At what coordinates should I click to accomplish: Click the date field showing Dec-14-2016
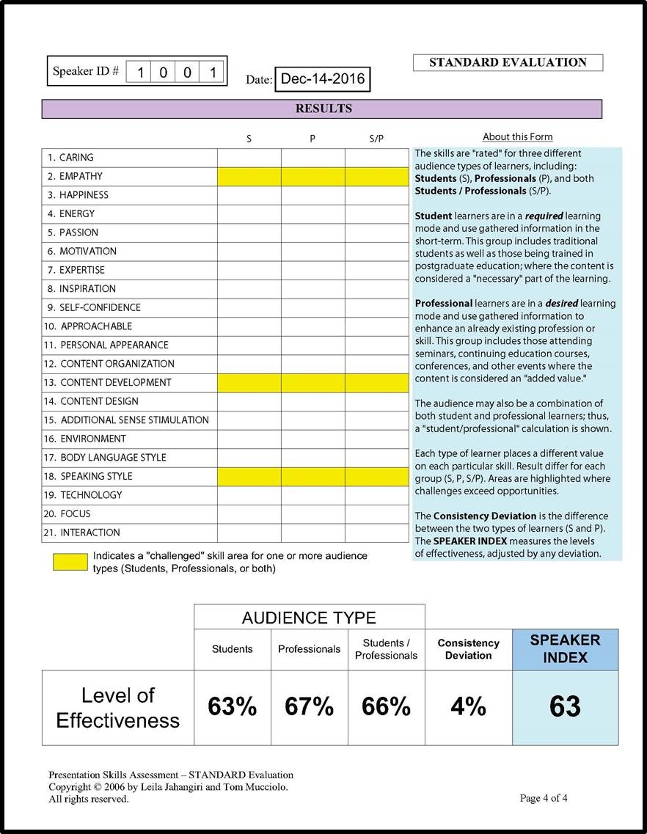pyautogui.click(x=322, y=79)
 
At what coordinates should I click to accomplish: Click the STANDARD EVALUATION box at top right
pyautogui.click(x=508, y=63)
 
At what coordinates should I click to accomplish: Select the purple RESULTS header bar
pyautogui.click(x=323, y=109)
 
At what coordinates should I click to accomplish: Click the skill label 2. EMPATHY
pyautogui.click(x=81, y=176)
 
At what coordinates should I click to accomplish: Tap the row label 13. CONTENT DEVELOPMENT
pyautogui.click(x=115, y=382)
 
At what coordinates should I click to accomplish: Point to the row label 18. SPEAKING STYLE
pyautogui.click(x=96, y=476)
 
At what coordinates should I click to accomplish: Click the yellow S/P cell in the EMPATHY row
pyautogui.click(x=376, y=176)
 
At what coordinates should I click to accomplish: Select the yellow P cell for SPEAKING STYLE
pyautogui.click(x=312, y=476)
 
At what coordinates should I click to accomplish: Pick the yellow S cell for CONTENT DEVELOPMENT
pyautogui.click(x=249, y=382)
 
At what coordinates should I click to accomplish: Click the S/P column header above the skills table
pyautogui.click(x=376, y=139)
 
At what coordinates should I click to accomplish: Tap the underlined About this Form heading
pyautogui.click(x=517, y=136)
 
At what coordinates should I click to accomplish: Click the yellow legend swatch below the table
pyautogui.click(x=70, y=562)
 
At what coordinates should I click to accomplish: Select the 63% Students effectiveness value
pyautogui.click(x=233, y=707)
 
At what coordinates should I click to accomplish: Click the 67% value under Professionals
pyautogui.click(x=309, y=707)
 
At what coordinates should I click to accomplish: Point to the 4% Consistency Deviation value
pyautogui.click(x=468, y=707)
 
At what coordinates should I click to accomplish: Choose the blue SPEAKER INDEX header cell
pyautogui.click(x=565, y=649)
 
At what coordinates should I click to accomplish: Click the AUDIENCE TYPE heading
pyautogui.click(x=309, y=617)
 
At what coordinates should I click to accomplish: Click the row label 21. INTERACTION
pyautogui.click(x=89, y=533)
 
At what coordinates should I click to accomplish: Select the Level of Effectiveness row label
pyautogui.click(x=117, y=708)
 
